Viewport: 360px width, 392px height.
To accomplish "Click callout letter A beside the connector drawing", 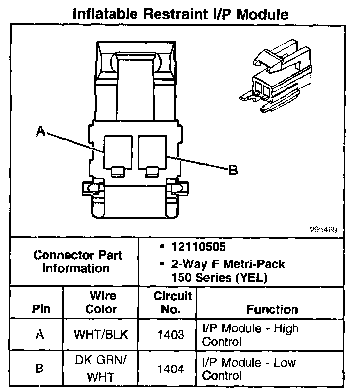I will [41, 131].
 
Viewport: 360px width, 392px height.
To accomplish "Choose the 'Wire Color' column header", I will [102, 303].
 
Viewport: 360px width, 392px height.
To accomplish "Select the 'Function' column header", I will [272, 309].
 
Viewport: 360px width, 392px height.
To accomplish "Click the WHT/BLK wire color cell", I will [102, 335].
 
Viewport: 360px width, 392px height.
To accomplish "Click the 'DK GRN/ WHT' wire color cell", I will [102, 370].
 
